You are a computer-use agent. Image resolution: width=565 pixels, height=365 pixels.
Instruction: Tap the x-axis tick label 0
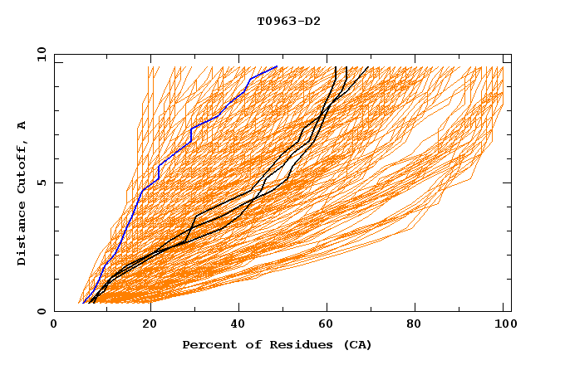point(54,324)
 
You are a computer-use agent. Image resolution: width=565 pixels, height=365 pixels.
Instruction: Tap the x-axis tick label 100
point(503,324)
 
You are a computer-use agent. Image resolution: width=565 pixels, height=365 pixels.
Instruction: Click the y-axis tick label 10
point(41,53)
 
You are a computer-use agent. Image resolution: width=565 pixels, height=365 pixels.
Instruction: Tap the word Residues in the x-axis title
point(285,344)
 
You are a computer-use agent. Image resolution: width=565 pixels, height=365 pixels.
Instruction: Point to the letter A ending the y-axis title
point(22,124)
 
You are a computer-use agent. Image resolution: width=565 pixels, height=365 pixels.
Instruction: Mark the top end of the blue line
point(277,66)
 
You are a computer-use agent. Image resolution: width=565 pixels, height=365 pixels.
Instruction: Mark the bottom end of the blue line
point(85,303)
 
